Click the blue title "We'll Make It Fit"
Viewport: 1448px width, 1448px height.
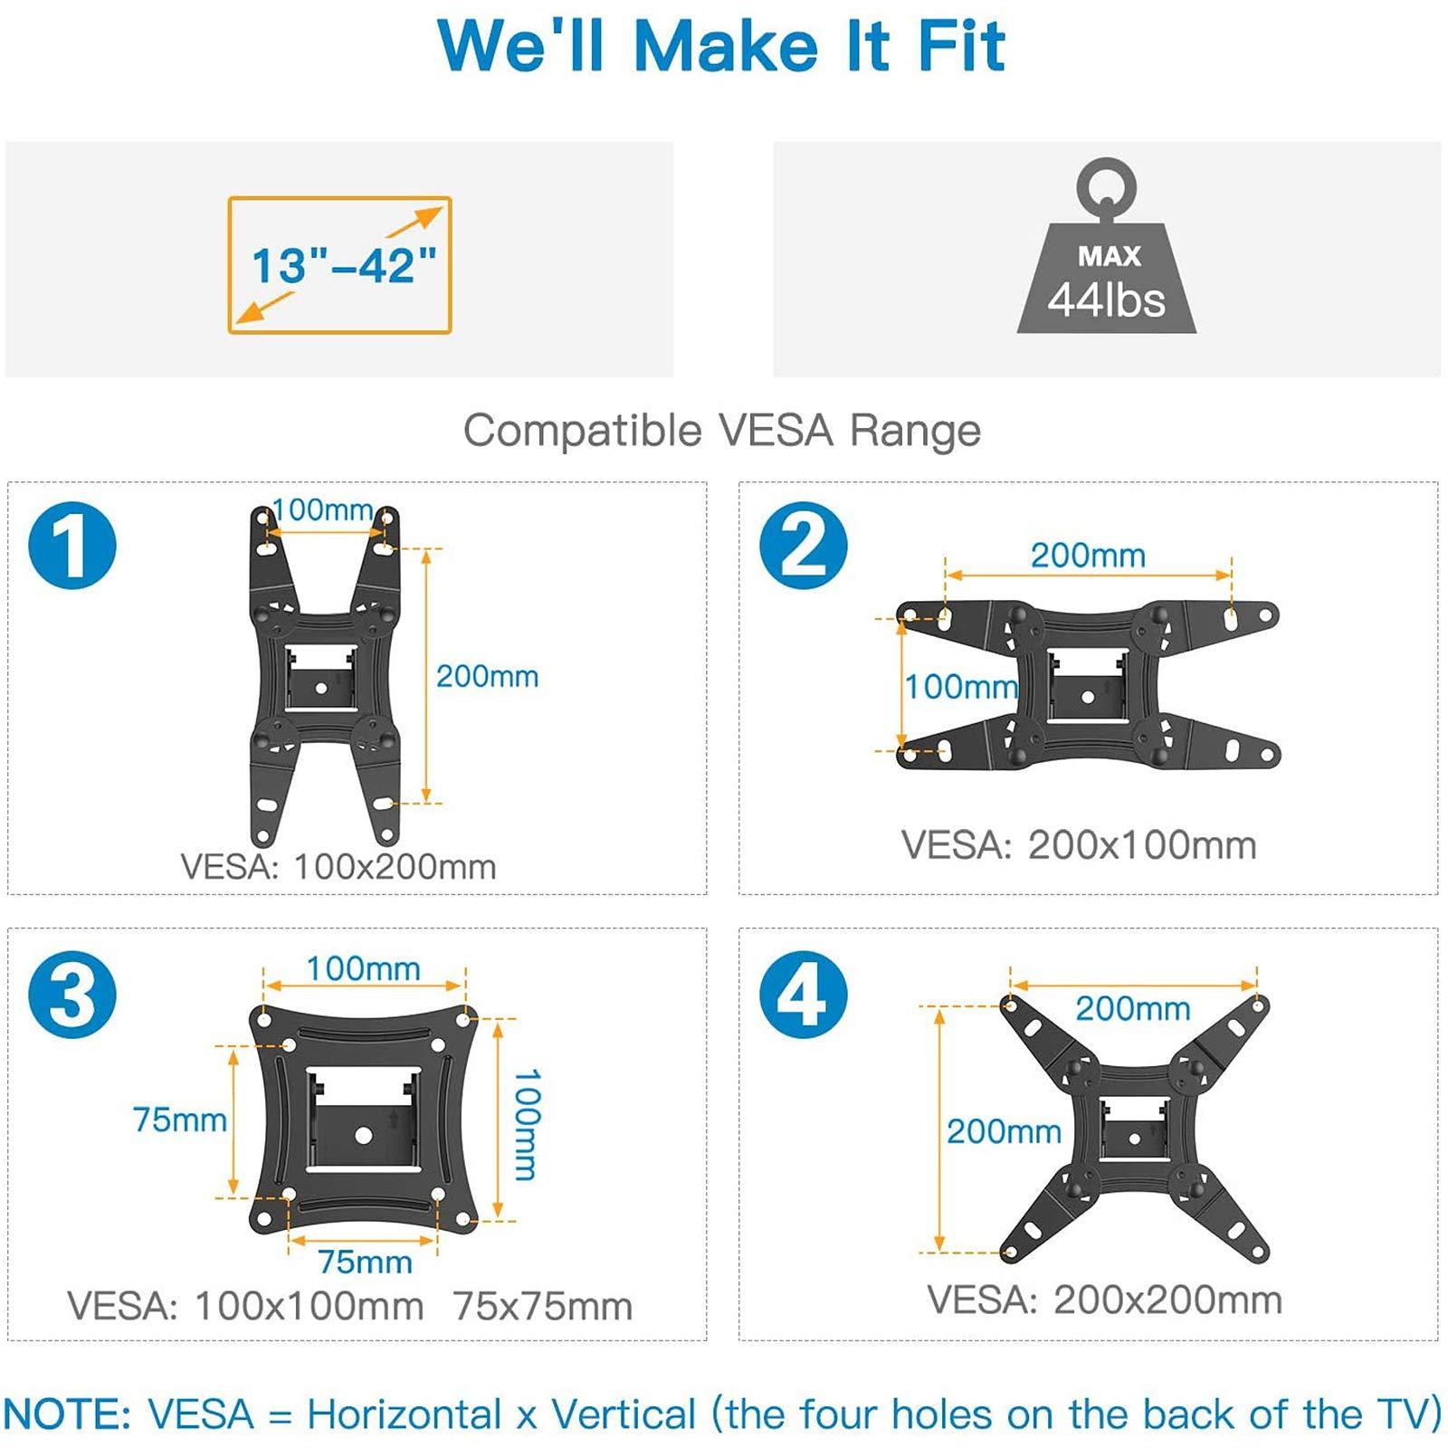point(721,46)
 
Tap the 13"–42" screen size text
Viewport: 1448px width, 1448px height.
point(343,266)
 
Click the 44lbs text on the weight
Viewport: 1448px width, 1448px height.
point(1106,300)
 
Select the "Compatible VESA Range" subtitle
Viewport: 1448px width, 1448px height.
point(721,431)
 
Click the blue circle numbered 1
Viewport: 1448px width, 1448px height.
point(72,546)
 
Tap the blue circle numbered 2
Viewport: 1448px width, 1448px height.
point(803,546)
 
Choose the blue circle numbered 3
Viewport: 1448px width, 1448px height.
point(72,995)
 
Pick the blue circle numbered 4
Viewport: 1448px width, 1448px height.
point(803,995)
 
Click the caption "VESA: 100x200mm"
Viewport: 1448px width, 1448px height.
point(338,867)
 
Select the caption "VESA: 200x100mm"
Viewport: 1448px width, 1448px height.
point(1079,845)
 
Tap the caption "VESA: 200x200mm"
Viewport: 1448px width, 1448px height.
point(1105,1300)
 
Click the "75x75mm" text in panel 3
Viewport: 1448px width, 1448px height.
point(543,1307)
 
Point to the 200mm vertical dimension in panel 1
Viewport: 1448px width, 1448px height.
point(487,676)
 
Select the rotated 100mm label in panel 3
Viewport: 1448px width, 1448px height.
point(527,1125)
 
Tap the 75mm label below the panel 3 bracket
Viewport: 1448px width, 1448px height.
point(365,1262)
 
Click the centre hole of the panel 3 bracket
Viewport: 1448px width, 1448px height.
point(364,1135)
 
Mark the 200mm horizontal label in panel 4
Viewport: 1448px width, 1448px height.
point(1132,1008)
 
